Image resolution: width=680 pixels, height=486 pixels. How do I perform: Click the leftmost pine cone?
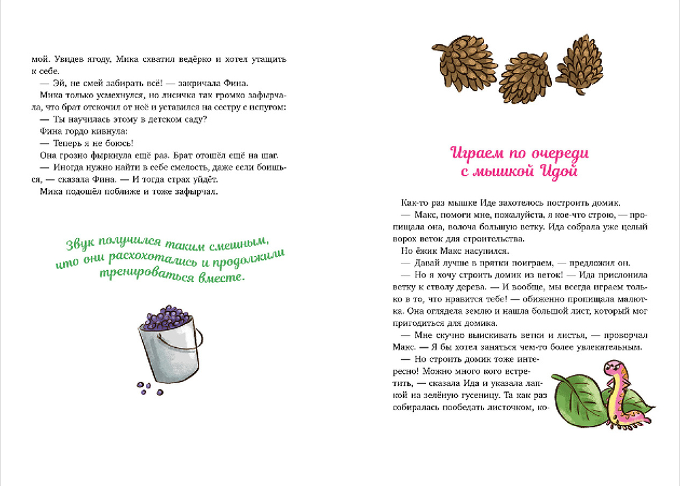pyautogui.click(x=460, y=59)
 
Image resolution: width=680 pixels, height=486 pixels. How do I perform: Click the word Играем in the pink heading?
pyautogui.click(x=476, y=152)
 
